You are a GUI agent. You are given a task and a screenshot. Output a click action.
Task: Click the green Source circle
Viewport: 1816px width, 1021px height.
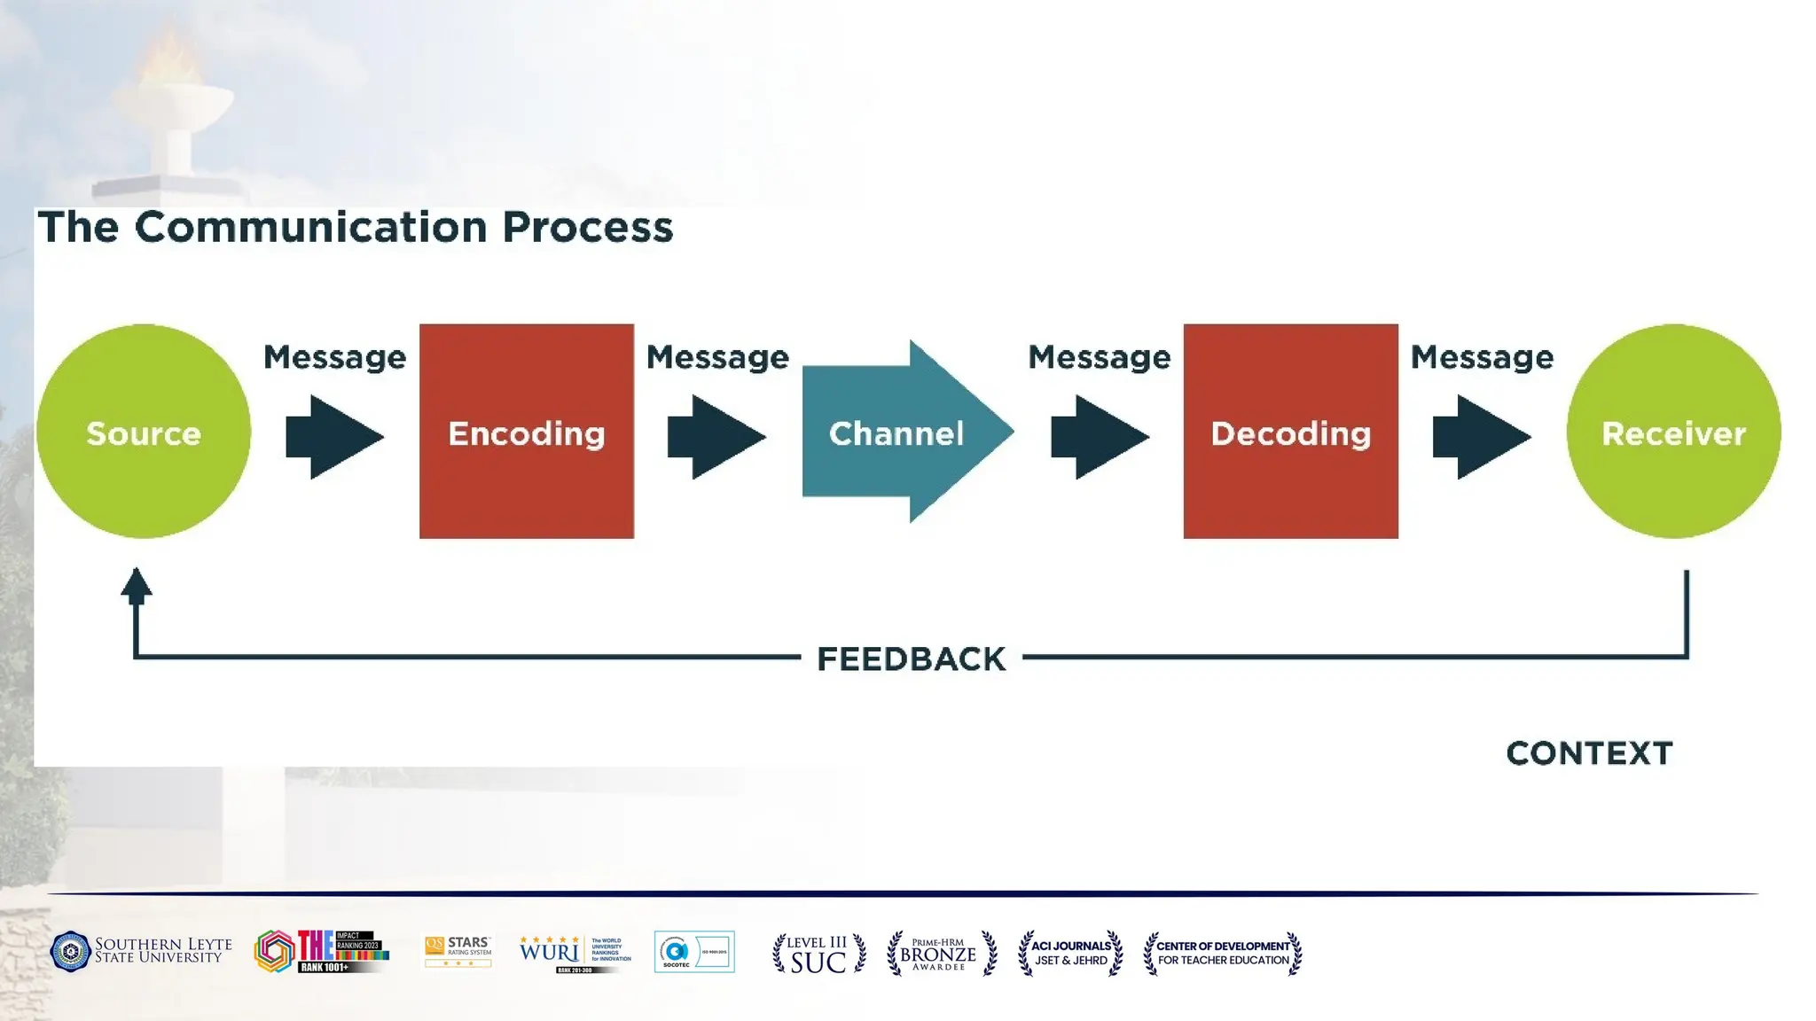pos(144,432)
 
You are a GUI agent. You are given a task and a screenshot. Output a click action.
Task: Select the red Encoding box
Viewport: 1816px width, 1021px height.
pos(527,432)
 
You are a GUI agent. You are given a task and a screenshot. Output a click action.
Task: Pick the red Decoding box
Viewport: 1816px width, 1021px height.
pos(1290,432)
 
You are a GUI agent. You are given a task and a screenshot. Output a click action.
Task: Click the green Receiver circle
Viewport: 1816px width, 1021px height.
pos(1673,432)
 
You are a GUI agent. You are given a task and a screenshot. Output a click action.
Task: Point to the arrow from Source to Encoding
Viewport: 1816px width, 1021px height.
pos(333,437)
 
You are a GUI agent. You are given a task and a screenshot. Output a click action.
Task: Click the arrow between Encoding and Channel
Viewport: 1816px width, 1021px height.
pos(716,437)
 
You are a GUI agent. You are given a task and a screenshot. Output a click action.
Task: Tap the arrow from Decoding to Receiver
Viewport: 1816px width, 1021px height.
pos(1481,437)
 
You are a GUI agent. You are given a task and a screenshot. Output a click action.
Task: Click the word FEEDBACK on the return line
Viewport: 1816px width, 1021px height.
pos(912,659)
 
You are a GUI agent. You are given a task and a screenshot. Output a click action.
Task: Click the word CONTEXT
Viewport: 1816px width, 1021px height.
pos(1589,753)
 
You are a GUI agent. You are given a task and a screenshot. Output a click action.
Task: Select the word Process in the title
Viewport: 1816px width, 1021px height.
pos(588,227)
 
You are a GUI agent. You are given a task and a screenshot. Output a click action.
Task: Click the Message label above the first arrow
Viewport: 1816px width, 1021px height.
pos(334,357)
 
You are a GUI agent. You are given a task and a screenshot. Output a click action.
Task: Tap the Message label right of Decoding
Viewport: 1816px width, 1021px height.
pos(1482,357)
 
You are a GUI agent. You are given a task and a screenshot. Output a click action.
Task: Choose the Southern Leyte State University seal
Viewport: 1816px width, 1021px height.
pos(71,952)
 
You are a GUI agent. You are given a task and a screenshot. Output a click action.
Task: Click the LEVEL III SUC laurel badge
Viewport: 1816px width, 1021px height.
pos(818,954)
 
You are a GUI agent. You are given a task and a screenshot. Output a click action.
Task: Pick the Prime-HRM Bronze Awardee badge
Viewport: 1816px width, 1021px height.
pos(942,954)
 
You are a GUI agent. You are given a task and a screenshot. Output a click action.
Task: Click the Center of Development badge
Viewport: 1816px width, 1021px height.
pos(1223,954)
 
